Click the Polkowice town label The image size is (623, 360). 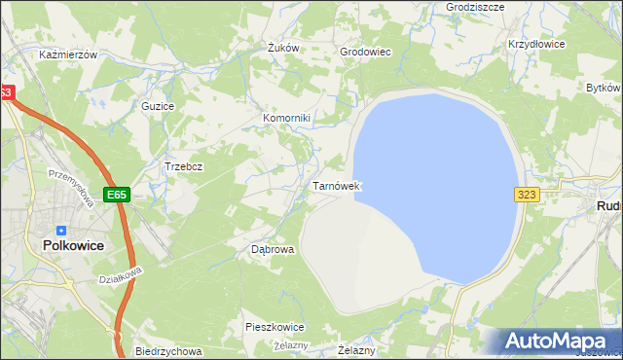74,246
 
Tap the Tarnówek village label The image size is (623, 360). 337,185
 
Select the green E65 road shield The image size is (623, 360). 118,195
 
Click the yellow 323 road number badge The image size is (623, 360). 527,195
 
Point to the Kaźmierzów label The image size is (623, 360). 68,55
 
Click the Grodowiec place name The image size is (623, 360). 364,52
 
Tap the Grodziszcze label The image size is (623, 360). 474,6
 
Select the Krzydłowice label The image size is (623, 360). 537,45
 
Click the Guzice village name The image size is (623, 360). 157,105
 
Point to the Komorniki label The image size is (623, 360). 286,119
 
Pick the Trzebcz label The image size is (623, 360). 183,166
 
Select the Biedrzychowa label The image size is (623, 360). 168,351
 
